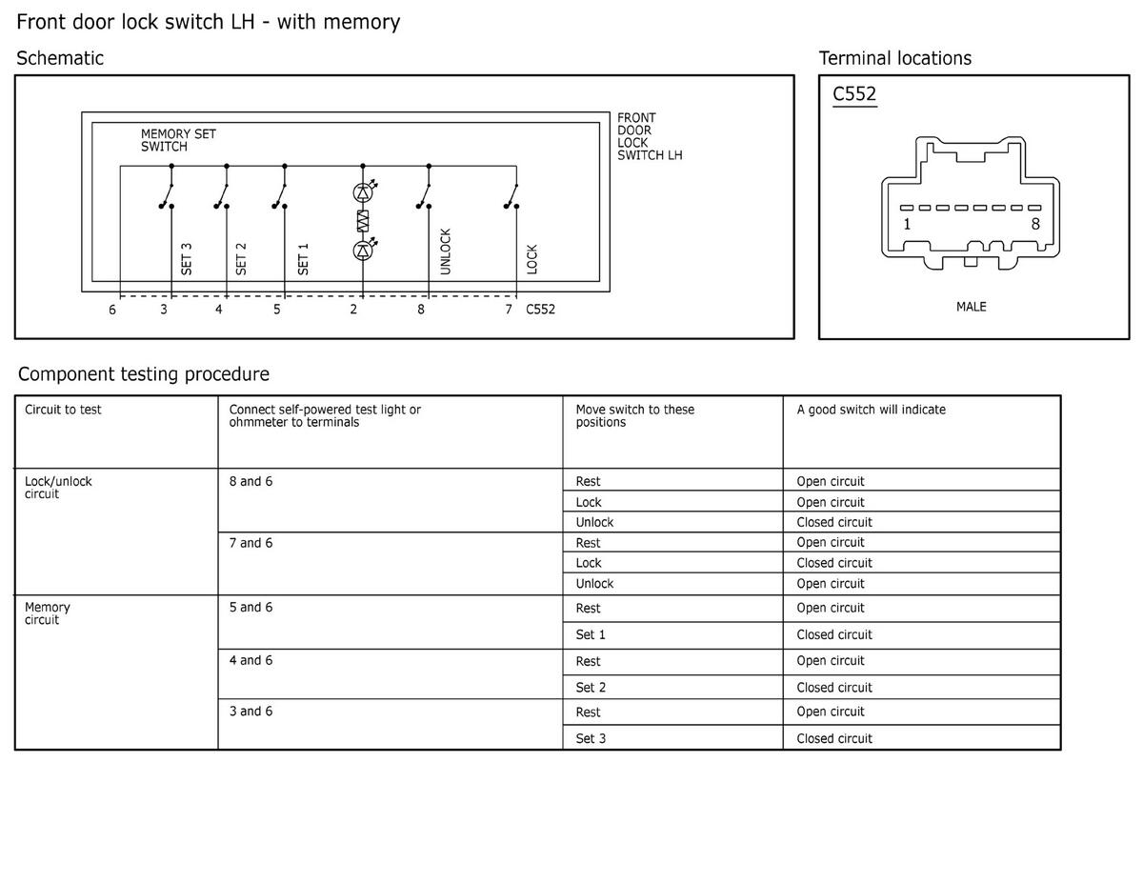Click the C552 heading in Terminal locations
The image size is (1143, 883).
coord(854,94)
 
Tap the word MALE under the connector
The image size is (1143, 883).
coord(971,307)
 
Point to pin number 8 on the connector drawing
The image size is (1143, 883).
coord(1035,225)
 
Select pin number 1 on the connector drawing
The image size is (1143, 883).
coord(907,225)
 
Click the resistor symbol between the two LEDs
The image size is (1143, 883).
coord(363,222)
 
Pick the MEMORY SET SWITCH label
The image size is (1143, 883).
coord(178,141)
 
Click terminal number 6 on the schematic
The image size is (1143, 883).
coord(112,310)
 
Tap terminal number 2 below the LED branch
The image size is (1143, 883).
coord(353,310)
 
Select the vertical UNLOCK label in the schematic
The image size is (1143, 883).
coord(446,251)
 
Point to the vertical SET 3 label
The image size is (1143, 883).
coord(187,258)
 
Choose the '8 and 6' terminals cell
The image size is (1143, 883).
coord(251,482)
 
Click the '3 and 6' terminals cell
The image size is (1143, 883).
coord(251,712)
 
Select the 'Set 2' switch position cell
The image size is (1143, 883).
coord(591,688)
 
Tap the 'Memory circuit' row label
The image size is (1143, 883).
coord(47,613)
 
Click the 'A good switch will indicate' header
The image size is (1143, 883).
coord(871,411)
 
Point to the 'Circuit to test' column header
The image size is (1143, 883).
coord(63,411)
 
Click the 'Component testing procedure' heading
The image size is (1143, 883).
coord(144,374)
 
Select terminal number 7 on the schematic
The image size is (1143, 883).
coord(509,310)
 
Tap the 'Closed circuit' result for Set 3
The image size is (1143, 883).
coord(834,738)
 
